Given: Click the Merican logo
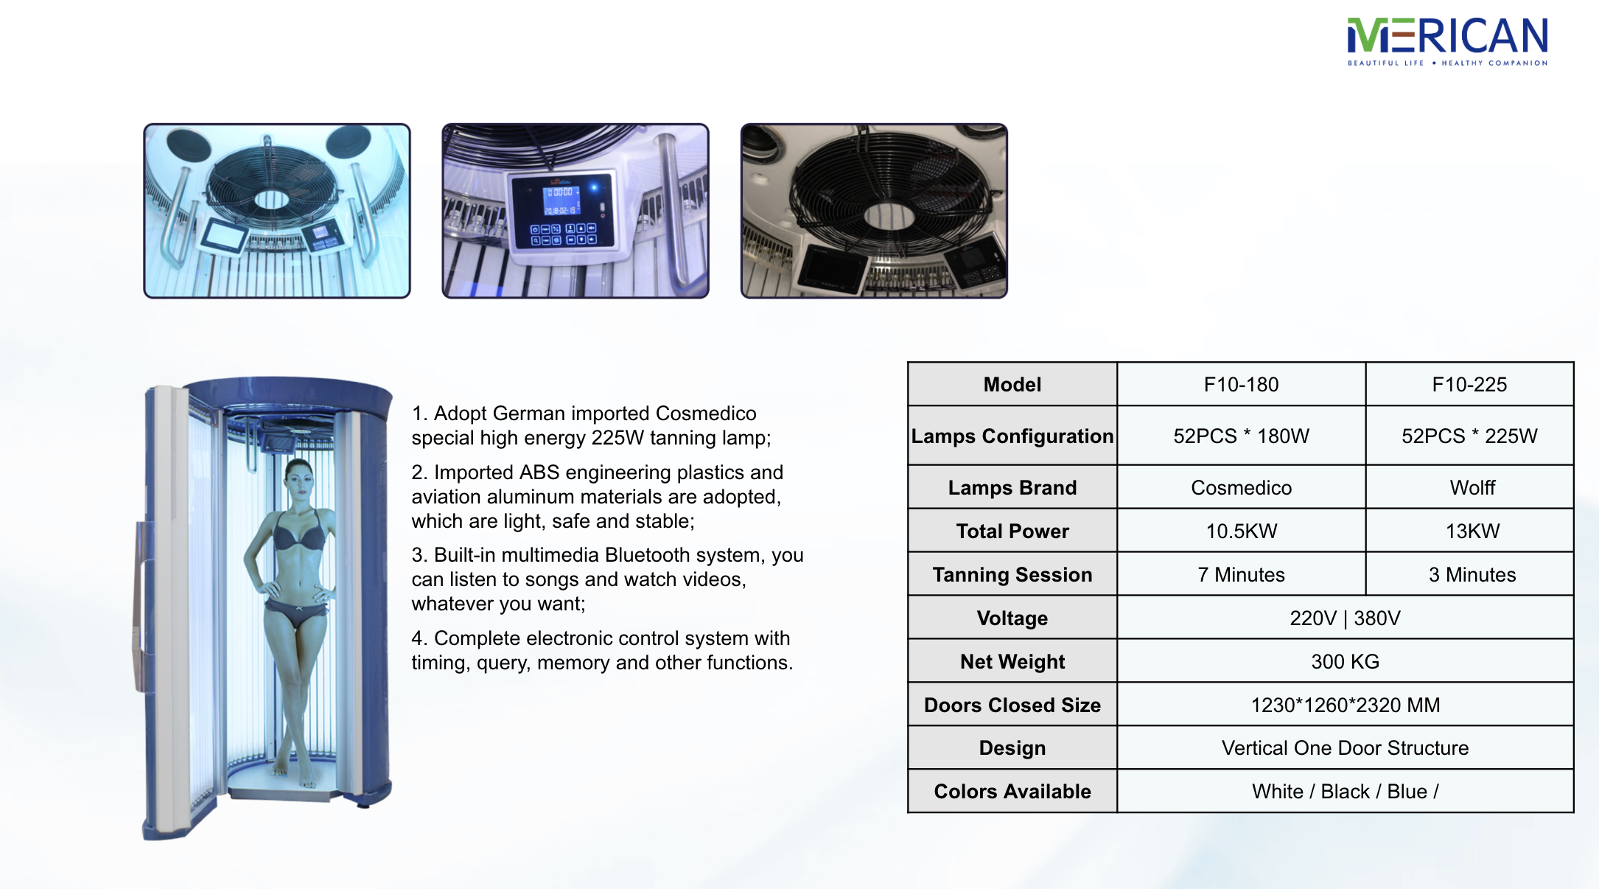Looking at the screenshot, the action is (x=1447, y=42).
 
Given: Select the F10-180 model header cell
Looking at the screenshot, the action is (x=1241, y=384).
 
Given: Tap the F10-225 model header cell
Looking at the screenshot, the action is (x=1469, y=384).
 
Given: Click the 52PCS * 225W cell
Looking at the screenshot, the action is (x=1469, y=436).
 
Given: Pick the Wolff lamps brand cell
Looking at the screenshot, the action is (x=1472, y=487).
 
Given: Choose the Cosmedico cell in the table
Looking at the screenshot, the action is (x=1241, y=487).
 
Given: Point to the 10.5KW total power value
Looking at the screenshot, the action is (x=1241, y=531).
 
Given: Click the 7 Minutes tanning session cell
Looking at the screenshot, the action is (x=1241, y=574).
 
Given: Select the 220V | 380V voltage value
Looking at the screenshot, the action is (x=1345, y=618).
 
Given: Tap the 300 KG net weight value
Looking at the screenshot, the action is (x=1345, y=661).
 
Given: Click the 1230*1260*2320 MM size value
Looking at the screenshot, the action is (x=1345, y=705).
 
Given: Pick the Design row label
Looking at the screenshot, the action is (x=1012, y=747).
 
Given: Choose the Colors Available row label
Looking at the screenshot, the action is (x=1012, y=791).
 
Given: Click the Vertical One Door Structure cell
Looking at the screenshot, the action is (x=1345, y=747).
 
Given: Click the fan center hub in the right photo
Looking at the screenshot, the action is (x=878, y=216).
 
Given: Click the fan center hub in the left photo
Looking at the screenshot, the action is (x=271, y=200).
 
